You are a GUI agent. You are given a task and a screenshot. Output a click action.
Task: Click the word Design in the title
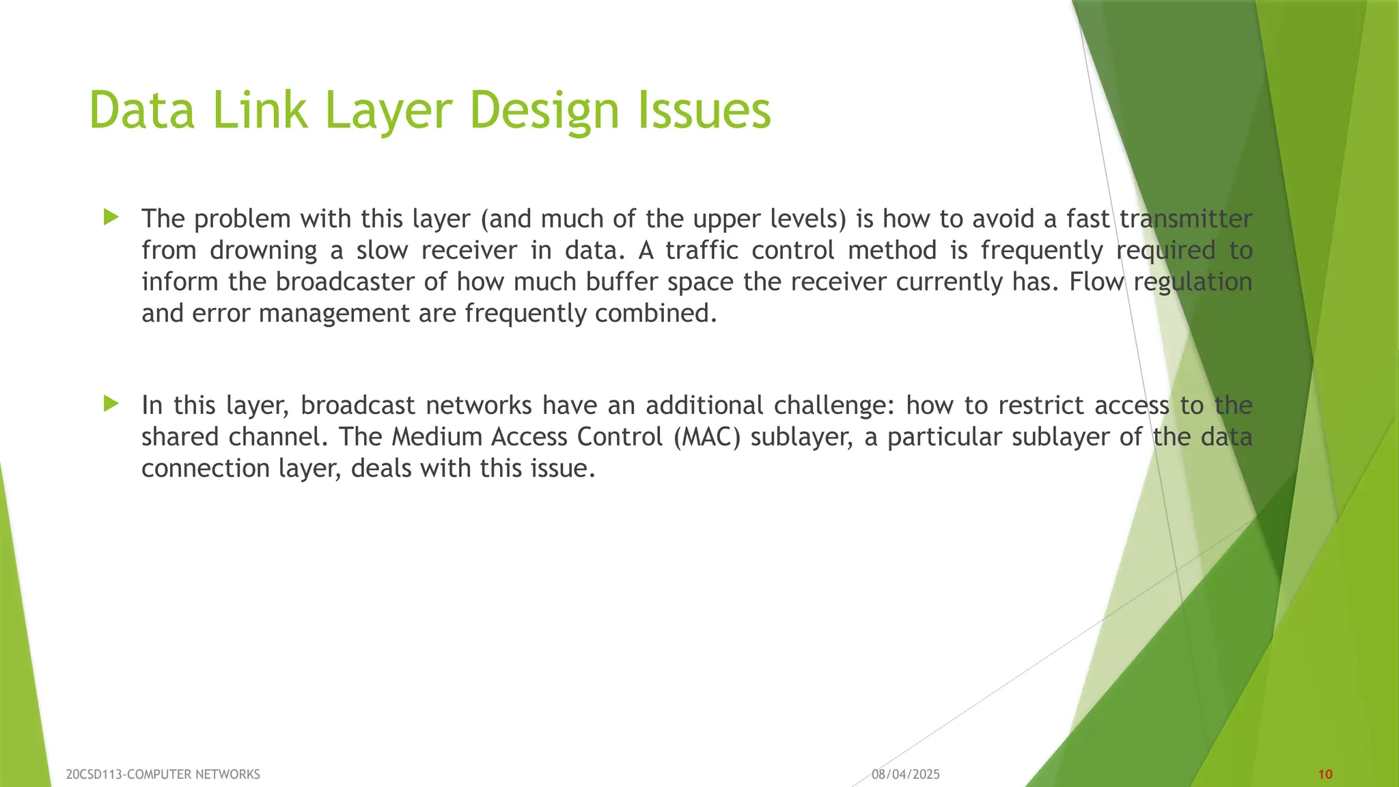tap(544, 111)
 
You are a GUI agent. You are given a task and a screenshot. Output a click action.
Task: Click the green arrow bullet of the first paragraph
tap(111, 218)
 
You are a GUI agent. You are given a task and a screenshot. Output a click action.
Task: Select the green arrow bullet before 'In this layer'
tap(111, 404)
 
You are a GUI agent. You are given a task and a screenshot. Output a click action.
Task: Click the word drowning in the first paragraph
tap(263, 251)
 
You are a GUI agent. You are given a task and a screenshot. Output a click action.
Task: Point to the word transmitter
tap(1186, 219)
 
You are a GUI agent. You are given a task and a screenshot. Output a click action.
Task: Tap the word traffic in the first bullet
tap(702, 251)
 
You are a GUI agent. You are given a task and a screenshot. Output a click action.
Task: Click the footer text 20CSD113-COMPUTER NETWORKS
tap(163, 774)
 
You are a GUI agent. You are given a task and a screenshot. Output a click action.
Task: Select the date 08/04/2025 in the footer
tap(905, 774)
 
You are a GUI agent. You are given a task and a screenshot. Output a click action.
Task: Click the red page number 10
tap(1325, 774)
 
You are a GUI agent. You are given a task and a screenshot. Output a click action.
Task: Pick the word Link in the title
tap(260, 111)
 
